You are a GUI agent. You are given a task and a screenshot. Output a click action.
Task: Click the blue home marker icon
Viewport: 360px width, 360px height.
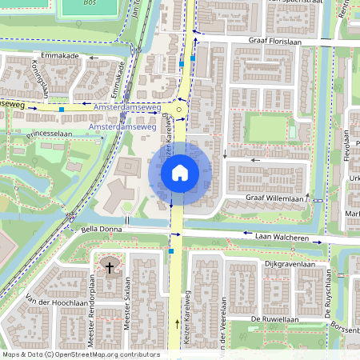(x=180, y=172)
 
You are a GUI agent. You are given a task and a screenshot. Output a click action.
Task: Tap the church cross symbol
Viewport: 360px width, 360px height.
(x=109, y=266)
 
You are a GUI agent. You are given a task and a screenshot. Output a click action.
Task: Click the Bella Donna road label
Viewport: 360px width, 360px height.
(x=102, y=230)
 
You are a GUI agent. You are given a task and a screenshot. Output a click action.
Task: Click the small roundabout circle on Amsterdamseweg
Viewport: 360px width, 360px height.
(x=181, y=111)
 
